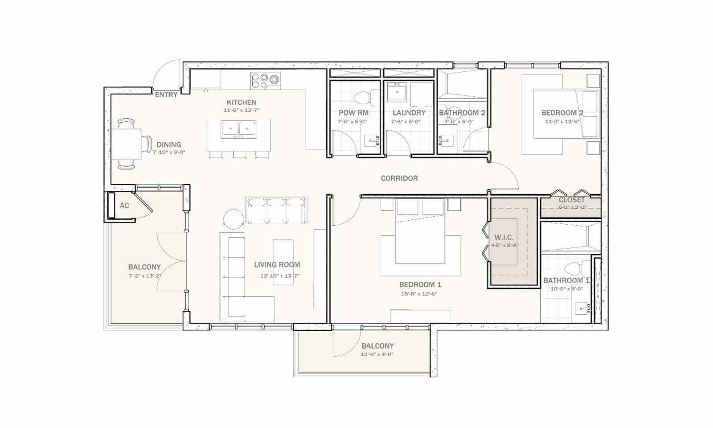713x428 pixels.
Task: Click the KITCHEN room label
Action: click(241, 103)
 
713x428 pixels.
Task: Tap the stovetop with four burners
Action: click(266, 80)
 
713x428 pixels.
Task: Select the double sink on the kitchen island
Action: click(238, 129)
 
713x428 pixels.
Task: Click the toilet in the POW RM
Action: click(362, 97)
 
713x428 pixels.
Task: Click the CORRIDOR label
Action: click(399, 178)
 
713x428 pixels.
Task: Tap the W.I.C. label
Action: click(504, 238)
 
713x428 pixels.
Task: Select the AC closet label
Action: click(124, 206)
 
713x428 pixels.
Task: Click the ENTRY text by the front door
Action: click(166, 95)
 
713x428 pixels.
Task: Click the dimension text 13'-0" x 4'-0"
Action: click(377, 354)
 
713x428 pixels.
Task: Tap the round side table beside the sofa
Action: click(234, 219)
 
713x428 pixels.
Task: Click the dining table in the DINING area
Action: click(126, 144)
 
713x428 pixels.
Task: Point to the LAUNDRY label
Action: click(409, 113)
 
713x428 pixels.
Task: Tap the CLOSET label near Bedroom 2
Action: click(571, 200)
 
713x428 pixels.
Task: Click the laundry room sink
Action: click(396, 92)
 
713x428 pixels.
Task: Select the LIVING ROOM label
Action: click(277, 265)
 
